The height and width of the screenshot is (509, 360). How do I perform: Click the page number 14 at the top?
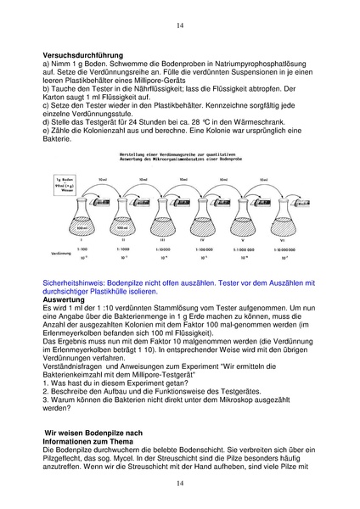point(179,26)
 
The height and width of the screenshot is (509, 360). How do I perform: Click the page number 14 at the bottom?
point(179,483)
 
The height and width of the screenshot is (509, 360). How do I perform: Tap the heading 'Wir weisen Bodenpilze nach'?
point(96,433)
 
